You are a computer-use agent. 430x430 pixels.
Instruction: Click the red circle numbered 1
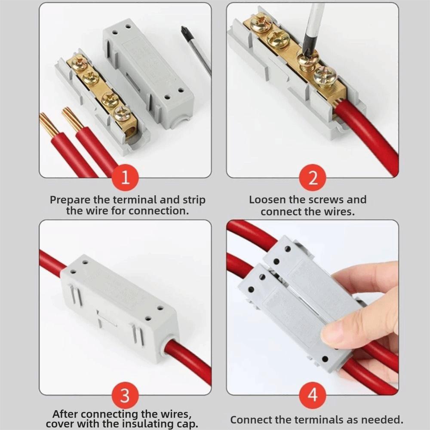pyautogui.click(x=125, y=178)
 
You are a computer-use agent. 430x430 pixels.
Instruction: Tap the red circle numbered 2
pyautogui.click(x=312, y=178)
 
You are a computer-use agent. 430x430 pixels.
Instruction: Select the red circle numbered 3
pyautogui.click(x=125, y=396)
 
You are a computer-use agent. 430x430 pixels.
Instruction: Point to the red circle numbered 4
pyautogui.click(x=312, y=396)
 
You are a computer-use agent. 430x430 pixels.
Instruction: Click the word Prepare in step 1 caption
pyautogui.click(x=71, y=200)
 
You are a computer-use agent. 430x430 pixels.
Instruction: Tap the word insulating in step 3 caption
pyautogui.click(x=149, y=424)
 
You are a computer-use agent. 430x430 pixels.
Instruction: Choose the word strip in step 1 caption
pyautogui.click(x=194, y=200)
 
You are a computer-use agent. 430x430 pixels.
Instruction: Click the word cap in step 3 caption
pyautogui.click(x=188, y=424)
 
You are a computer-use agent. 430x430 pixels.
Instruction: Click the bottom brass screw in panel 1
pyautogui.click(x=122, y=114)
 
